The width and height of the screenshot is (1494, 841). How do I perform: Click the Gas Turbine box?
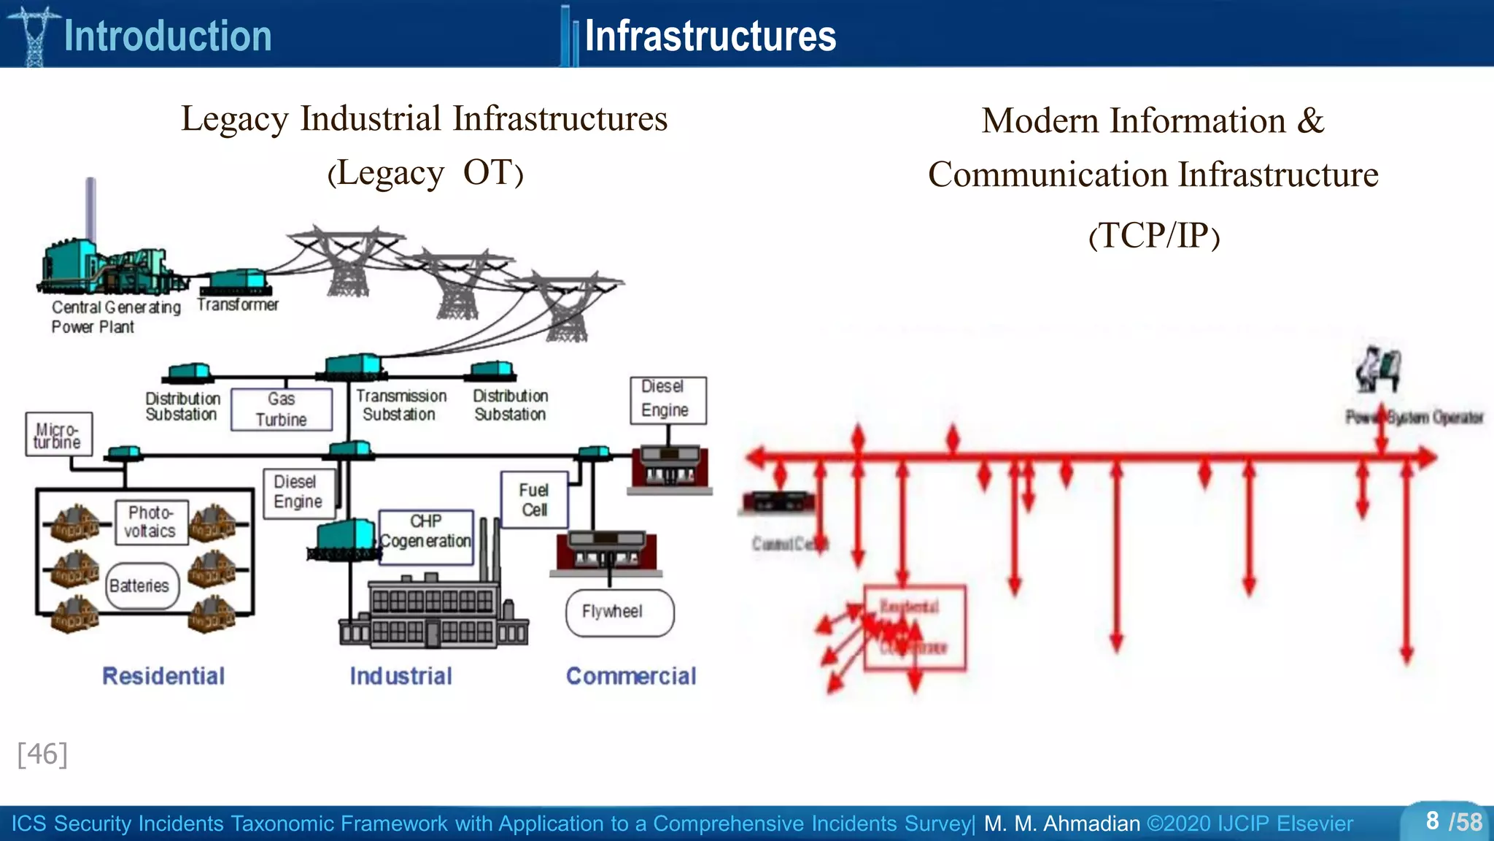coord(282,410)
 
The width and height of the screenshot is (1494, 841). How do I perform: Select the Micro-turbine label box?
coord(58,434)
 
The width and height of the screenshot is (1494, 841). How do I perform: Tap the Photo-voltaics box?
coord(151,522)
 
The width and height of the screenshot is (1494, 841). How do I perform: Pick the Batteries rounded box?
coord(142,585)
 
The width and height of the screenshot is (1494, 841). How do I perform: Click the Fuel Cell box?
coord(534,500)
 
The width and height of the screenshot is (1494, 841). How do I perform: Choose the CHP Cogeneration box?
coord(426,537)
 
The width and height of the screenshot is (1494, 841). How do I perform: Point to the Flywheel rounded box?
coord(619,612)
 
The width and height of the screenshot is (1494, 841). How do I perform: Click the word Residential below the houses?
coord(163,676)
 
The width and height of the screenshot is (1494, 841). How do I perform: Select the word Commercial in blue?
coord(631,676)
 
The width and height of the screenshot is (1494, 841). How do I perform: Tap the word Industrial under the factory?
coord(400,676)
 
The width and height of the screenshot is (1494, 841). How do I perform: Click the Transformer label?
coord(238,304)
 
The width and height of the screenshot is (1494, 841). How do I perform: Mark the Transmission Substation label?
coord(400,405)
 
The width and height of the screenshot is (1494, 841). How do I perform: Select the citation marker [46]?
coord(42,754)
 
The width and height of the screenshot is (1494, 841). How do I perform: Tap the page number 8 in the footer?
coord(1433,821)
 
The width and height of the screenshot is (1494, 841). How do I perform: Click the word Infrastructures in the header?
coord(710,37)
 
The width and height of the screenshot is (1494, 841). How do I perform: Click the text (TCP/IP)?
coord(1153,236)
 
